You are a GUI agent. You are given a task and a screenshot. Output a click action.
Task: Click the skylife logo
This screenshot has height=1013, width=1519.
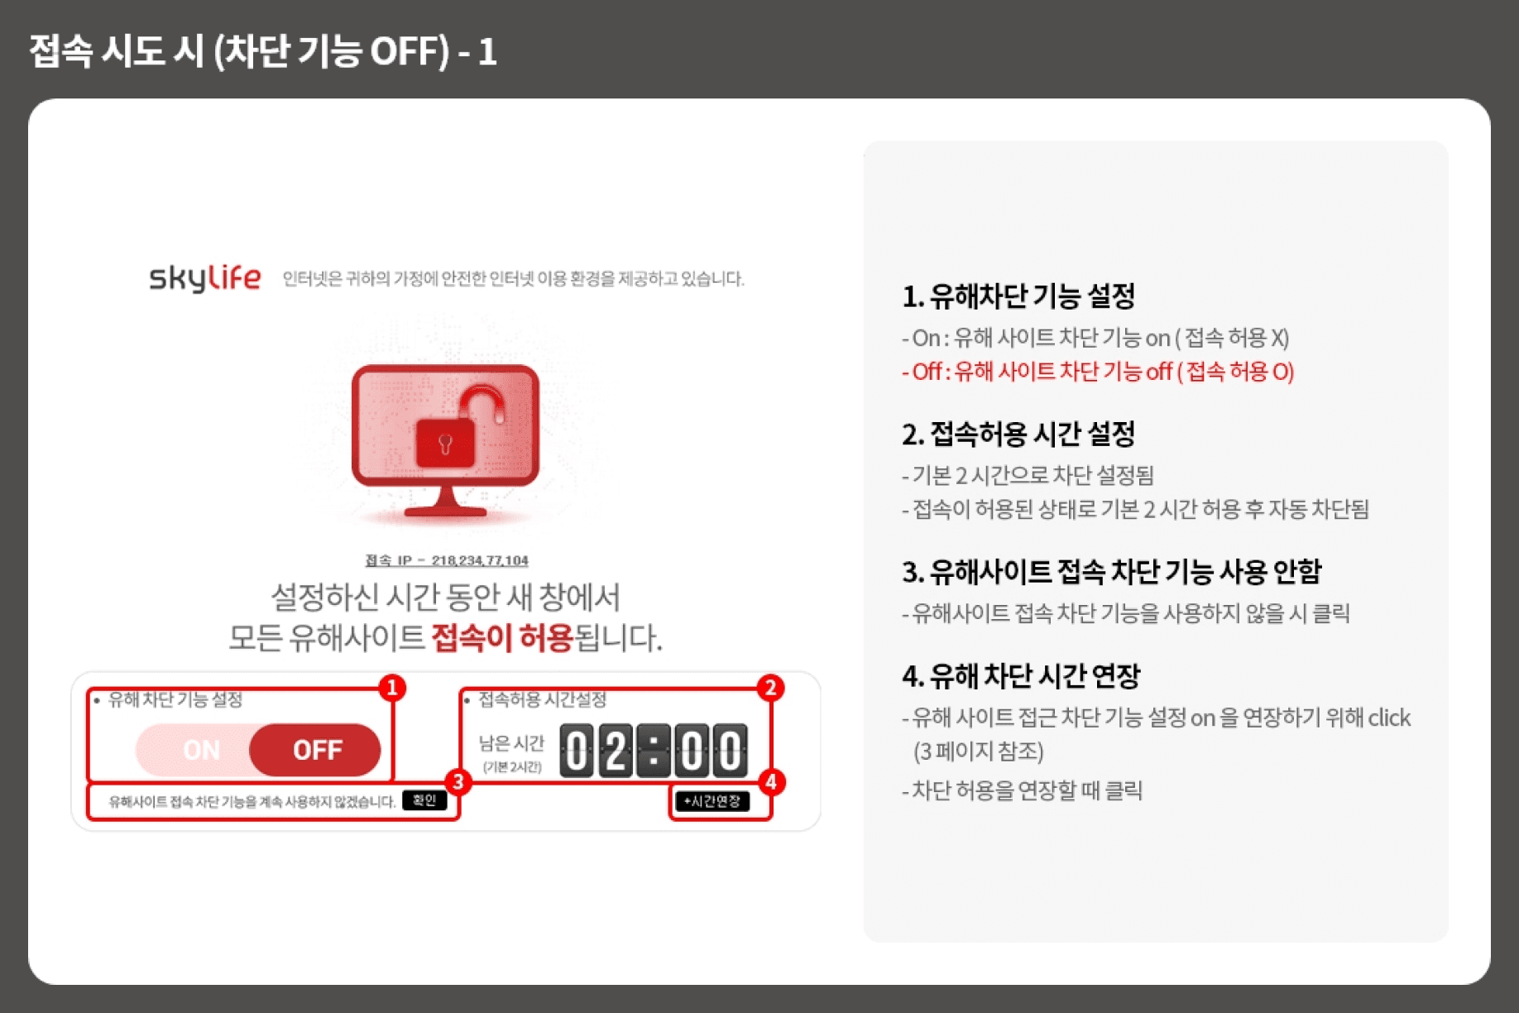pyautogui.click(x=205, y=278)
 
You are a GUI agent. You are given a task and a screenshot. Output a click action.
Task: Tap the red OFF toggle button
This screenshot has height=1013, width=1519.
pyautogui.click(x=315, y=750)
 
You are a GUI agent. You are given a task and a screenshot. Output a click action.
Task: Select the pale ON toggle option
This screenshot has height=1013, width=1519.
pyautogui.click(x=201, y=750)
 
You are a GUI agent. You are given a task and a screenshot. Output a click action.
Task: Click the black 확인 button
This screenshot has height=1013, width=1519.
pyautogui.click(x=424, y=800)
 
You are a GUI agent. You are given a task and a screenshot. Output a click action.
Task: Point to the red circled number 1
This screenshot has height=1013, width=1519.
pyautogui.click(x=392, y=688)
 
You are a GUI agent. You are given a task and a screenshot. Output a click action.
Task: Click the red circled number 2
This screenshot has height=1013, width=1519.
pyautogui.click(x=770, y=688)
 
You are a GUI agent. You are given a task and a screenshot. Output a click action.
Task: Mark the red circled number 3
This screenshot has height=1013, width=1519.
pyautogui.click(x=458, y=782)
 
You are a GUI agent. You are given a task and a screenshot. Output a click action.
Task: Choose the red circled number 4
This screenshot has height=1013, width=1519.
pyautogui.click(x=771, y=782)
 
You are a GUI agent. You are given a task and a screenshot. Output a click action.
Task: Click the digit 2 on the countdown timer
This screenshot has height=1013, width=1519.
pyautogui.click(x=616, y=751)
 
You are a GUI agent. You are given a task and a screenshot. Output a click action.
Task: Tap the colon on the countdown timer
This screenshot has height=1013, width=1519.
pyautogui.click(x=654, y=751)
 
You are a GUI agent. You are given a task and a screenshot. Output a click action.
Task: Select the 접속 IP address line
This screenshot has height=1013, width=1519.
pyautogui.click(x=447, y=560)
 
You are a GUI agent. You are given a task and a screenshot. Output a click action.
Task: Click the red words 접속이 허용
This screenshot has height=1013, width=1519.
pyautogui.click(x=502, y=637)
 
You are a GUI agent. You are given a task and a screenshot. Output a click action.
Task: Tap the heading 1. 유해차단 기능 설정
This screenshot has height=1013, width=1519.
pyautogui.click(x=1018, y=295)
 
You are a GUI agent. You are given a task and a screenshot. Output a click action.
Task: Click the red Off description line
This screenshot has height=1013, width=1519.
pyautogui.click(x=1098, y=372)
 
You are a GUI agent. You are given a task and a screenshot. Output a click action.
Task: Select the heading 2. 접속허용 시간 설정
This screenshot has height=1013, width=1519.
pyautogui.click(x=1018, y=433)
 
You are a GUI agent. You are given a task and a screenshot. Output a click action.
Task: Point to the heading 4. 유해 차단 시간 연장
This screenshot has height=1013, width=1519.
pyautogui.click(x=1021, y=675)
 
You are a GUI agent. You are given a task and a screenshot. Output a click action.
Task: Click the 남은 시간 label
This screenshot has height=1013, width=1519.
pyautogui.click(x=511, y=743)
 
